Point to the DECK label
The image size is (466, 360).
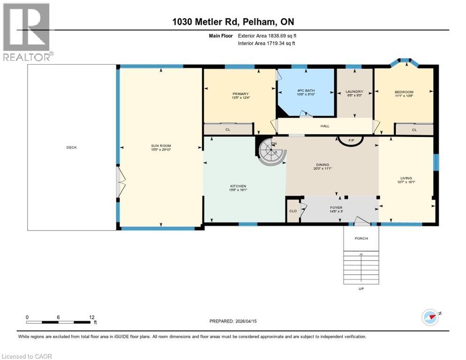71,147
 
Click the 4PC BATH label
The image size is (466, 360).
306,91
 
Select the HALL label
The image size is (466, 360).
325,126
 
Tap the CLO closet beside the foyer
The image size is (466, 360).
293,211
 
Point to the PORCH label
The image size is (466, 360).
361,238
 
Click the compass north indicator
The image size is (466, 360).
430,317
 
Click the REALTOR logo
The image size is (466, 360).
27,32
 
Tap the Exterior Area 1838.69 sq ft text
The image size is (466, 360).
267,35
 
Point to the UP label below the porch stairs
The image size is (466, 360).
361,289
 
